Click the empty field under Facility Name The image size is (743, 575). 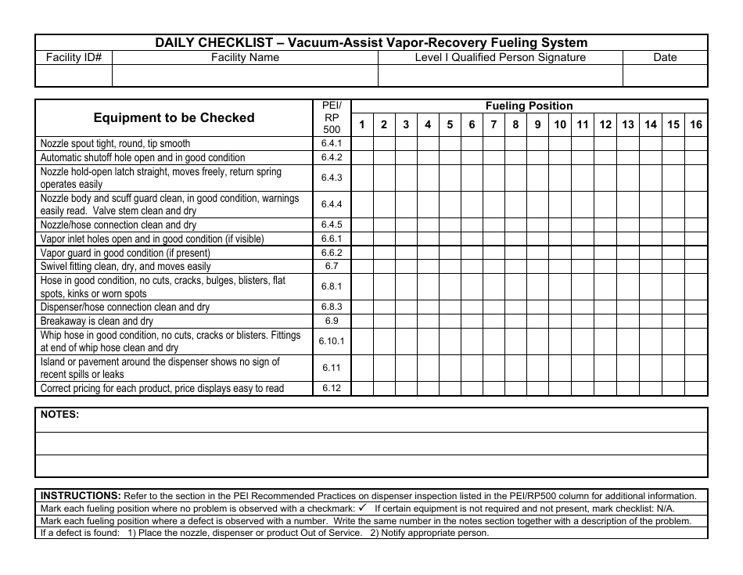(246, 75)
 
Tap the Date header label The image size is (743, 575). (665, 57)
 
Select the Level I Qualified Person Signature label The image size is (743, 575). (500, 57)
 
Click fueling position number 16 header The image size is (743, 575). (696, 124)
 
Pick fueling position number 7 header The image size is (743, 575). (494, 124)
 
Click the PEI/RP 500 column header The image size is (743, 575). (332, 117)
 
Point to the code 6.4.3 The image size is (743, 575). (332, 178)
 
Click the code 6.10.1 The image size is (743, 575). (332, 341)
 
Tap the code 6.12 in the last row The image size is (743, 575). (332, 389)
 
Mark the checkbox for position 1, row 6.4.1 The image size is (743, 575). (362, 144)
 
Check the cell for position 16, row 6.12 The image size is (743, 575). (696, 389)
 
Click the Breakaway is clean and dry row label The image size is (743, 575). (97, 322)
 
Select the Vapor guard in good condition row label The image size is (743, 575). (125, 253)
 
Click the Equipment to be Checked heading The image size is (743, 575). (174, 117)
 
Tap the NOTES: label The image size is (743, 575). (59, 415)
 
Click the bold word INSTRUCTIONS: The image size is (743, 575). (81, 496)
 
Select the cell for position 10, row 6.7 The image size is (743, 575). (560, 267)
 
